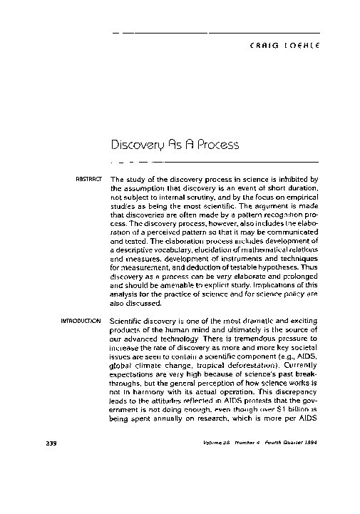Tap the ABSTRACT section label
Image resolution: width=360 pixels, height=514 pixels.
click(91, 179)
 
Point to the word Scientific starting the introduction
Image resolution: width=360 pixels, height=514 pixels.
click(131, 322)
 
